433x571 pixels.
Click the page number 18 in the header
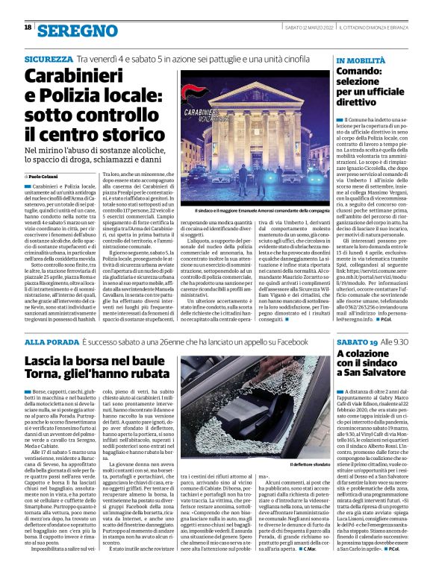(x=27, y=28)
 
